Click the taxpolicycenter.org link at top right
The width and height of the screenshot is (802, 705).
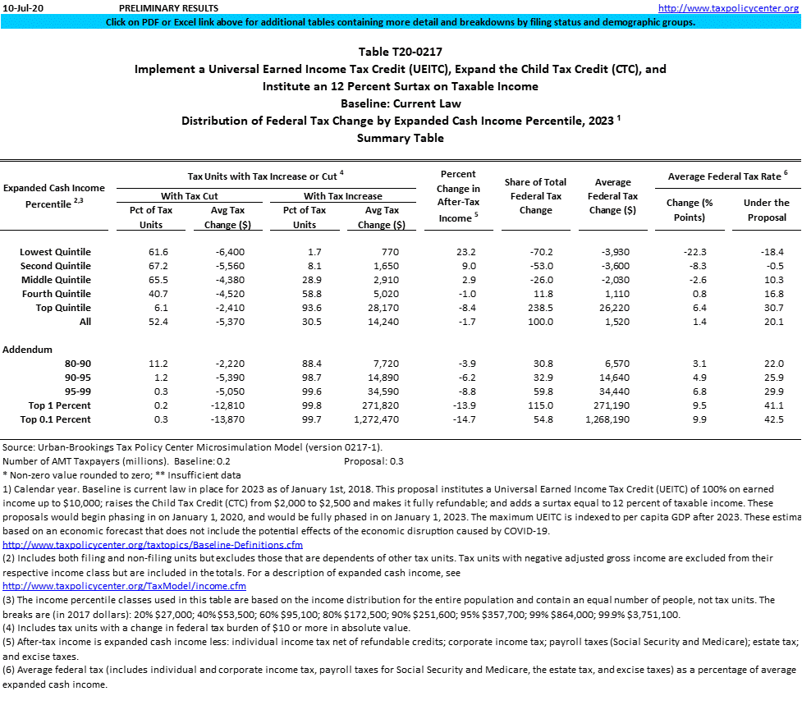[728, 8]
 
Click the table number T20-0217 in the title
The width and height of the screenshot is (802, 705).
[400, 52]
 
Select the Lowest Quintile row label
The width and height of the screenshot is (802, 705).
[55, 251]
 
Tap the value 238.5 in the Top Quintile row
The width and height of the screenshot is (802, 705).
[536, 307]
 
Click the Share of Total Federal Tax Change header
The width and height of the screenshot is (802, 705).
[535, 195]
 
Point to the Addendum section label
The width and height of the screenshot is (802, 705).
[27, 350]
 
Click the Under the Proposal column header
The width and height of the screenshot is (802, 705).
[766, 209]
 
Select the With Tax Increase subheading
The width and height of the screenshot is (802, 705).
[342, 196]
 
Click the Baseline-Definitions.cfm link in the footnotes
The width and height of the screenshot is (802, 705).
[153, 544]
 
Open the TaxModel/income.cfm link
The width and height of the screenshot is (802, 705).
[124, 586]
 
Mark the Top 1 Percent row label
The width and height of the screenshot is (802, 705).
[60, 405]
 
